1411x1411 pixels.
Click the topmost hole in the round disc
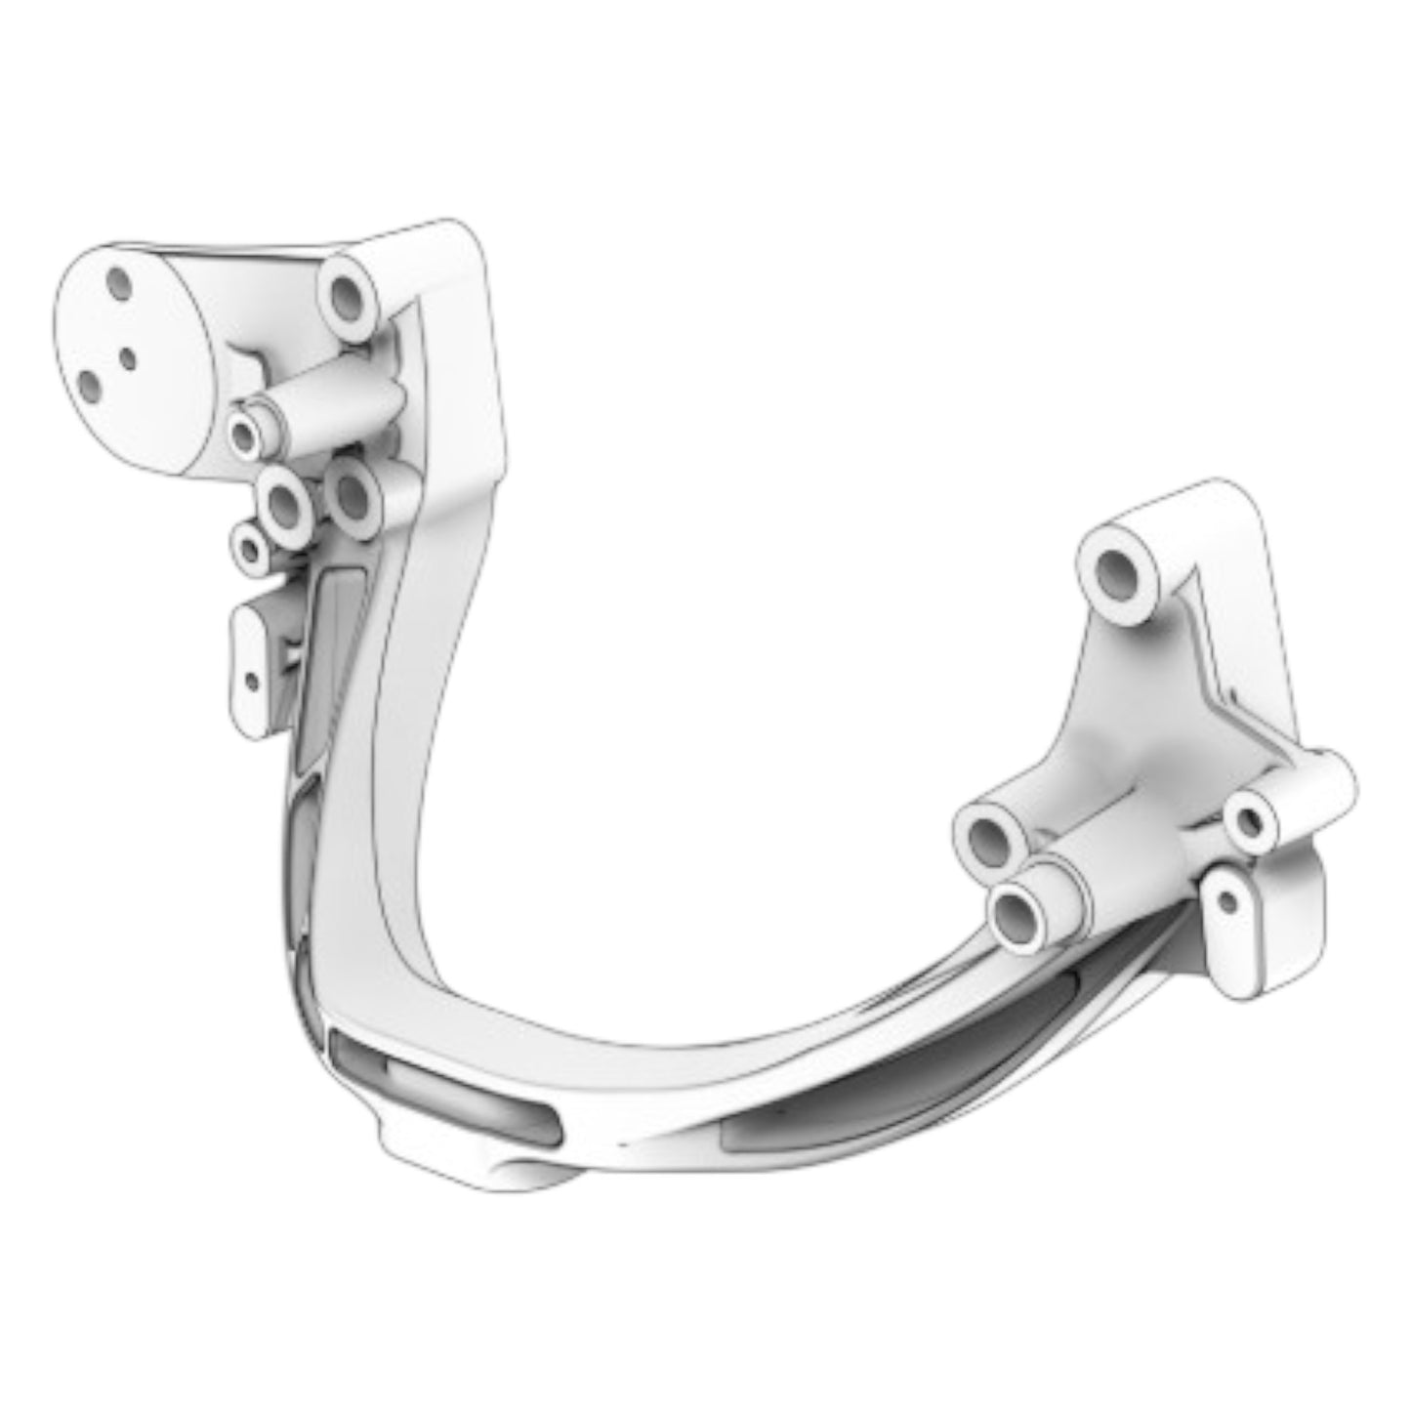click(x=119, y=284)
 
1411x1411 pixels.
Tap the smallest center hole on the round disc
click(x=128, y=358)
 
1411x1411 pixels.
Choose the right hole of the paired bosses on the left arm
click(x=353, y=498)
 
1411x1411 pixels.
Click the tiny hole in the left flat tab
click(x=252, y=680)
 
